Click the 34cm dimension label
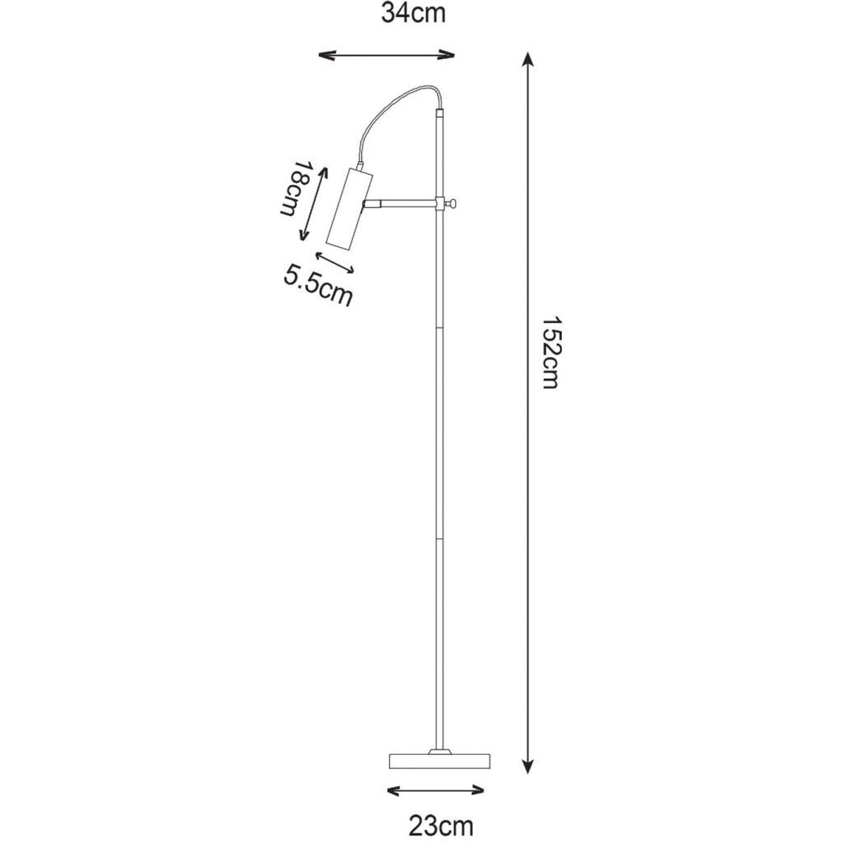pos(413,14)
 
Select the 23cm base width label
pos(441,815)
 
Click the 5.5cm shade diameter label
pos(318,286)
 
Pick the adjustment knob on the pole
pos(453,203)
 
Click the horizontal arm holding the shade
pos(400,203)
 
